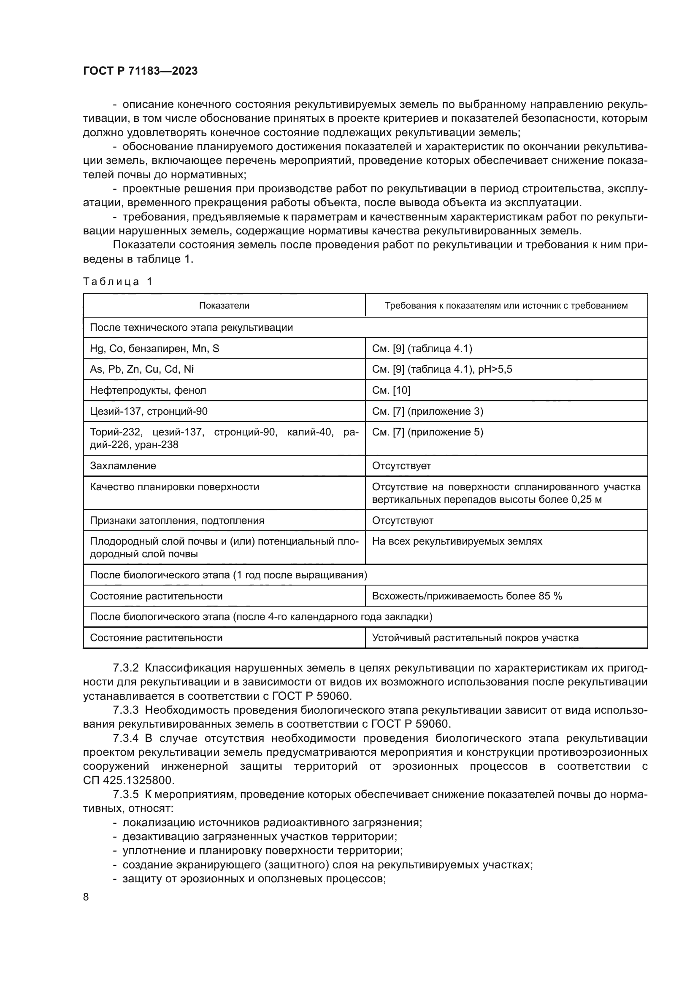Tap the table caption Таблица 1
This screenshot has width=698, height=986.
point(117,282)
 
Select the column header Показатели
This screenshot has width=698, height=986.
point(224,306)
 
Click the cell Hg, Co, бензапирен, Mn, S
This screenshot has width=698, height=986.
point(154,349)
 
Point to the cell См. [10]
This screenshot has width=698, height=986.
point(391,390)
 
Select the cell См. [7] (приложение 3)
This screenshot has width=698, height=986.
point(427,411)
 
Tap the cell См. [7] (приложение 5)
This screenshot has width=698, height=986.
point(427,432)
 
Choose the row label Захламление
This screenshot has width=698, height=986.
point(123,466)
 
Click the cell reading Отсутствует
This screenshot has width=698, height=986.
point(401,466)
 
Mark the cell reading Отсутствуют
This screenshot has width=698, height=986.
point(402,521)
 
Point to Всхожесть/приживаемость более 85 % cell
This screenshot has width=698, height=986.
point(467,596)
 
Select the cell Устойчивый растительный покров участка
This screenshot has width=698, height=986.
point(475,638)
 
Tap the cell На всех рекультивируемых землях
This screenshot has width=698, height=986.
point(457,541)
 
